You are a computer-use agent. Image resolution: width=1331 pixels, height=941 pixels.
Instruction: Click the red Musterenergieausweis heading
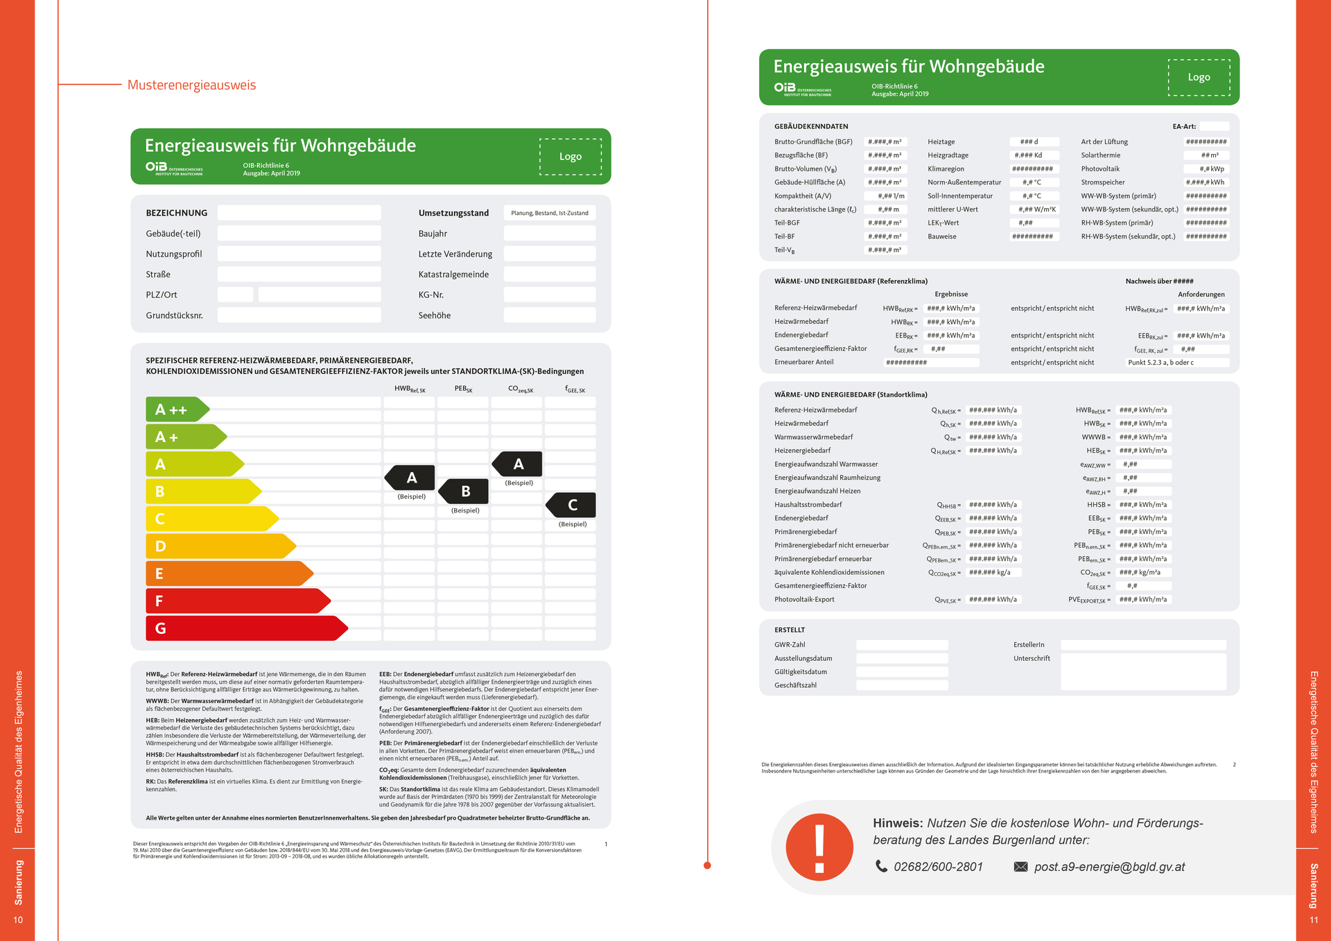point(191,85)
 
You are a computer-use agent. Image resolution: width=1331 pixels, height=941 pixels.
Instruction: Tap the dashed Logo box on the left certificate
point(570,157)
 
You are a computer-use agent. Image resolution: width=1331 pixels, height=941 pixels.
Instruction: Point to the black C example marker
point(571,506)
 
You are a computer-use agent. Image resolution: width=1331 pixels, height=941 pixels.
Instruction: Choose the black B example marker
point(464,492)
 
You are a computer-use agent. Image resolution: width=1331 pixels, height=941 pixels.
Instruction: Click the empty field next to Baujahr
point(549,234)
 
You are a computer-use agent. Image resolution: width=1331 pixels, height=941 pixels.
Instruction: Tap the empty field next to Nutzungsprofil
point(299,254)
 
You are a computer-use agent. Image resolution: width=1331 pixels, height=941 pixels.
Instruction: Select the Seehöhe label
point(435,316)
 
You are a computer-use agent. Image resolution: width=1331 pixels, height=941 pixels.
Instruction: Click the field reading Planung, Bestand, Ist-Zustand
point(549,213)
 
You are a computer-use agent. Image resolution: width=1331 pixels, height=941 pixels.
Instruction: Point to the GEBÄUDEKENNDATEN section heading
point(811,127)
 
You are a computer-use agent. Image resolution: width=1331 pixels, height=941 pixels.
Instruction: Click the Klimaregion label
point(946,169)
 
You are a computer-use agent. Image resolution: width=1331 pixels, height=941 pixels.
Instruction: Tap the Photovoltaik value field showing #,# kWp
point(1206,169)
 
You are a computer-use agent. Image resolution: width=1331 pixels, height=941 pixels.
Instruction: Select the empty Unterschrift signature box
point(1142,672)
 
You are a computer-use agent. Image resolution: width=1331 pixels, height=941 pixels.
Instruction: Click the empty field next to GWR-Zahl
point(902,645)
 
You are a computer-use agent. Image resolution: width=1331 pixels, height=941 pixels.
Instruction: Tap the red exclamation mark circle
point(819,847)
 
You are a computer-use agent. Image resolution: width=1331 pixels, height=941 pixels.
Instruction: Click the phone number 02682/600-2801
point(938,867)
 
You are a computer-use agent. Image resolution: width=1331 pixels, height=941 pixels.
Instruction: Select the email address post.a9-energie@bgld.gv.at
point(1109,867)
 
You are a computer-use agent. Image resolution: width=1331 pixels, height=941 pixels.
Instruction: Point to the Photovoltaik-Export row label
point(804,600)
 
